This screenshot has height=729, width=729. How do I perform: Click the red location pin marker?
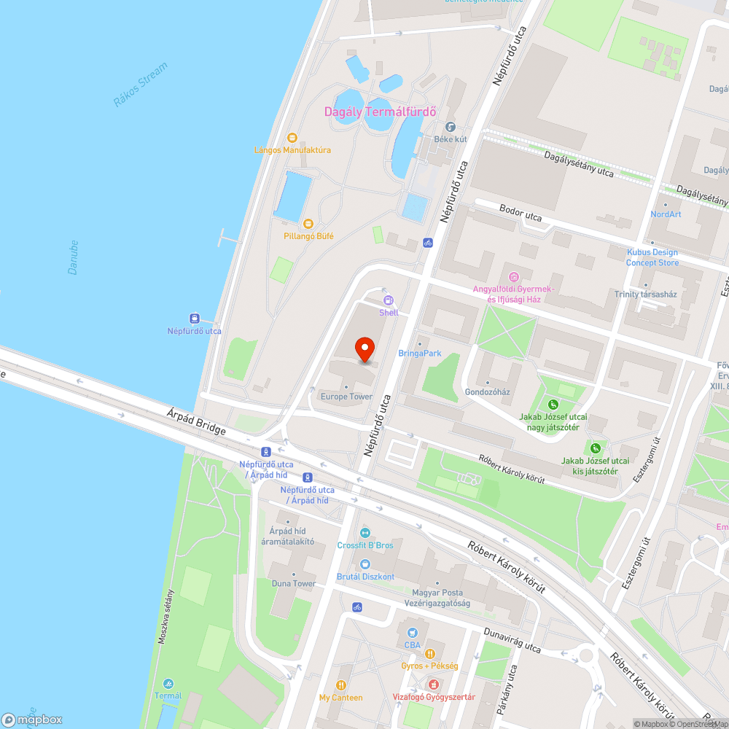click(x=364, y=351)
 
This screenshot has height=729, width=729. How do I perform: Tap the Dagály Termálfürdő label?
click(x=380, y=112)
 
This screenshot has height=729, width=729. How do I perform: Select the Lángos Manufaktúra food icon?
click(x=292, y=137)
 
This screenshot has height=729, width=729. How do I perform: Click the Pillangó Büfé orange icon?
click(x=308, y=223)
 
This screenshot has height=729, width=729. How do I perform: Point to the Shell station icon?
click(x=389, y=300)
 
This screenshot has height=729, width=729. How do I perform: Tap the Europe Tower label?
click(x=346, y=397)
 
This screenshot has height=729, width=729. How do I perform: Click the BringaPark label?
click(x=420, y=354)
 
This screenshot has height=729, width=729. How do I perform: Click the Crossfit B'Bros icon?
click(x=365, y=533)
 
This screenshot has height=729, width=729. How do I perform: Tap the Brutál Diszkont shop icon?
click(x=365, y=564)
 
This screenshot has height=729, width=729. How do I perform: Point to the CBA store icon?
click(x=413, y=632)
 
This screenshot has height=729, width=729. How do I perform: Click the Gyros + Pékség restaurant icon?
click(x=430, y=653)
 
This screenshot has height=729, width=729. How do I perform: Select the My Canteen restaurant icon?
click(x=340, y=685)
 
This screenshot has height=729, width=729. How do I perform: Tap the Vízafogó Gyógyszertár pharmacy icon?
click(x=434, y=685)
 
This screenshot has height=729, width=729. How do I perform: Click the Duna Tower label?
click(x=294, y=583)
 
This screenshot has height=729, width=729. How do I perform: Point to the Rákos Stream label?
click(x=141, y=85)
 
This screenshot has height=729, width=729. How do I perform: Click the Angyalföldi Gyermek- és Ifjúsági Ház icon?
click(x=514, y=276)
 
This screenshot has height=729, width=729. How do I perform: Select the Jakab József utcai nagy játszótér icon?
click(x=553, y=405)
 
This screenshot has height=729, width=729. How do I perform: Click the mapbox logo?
click(x=33, y=720)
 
